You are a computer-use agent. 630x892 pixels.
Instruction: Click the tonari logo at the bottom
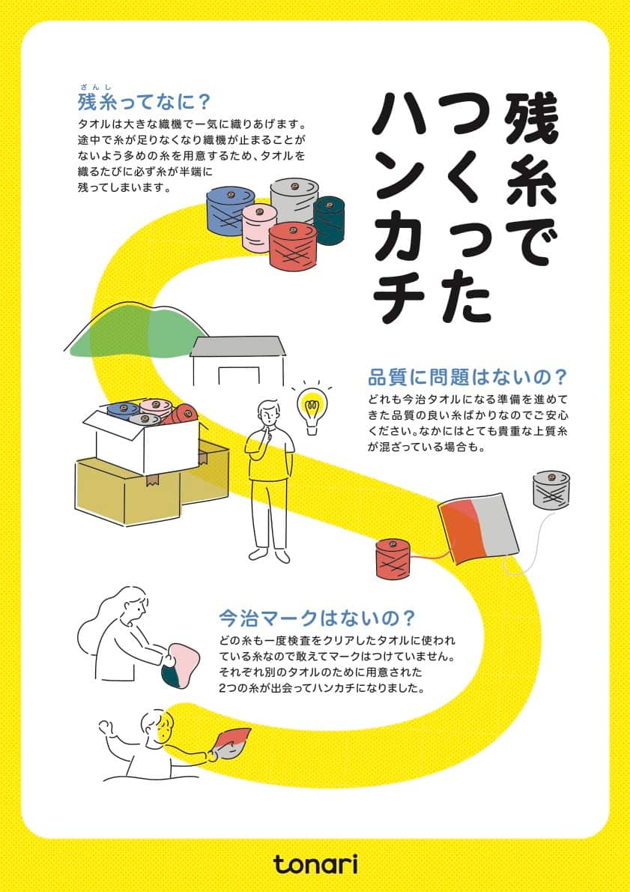(x=315, y=864)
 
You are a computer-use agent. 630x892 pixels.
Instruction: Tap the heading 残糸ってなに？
(x=143, y=101)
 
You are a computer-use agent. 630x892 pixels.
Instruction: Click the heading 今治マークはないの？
(x=316, y=618)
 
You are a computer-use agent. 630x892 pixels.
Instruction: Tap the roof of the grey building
(x=239, y=346)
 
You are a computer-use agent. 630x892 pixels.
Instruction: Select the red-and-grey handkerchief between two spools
(x=478, y=529)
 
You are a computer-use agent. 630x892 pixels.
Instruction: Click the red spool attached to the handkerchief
(x=392, y=559)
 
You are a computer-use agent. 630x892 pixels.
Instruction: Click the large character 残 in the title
(x=530, y=118)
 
